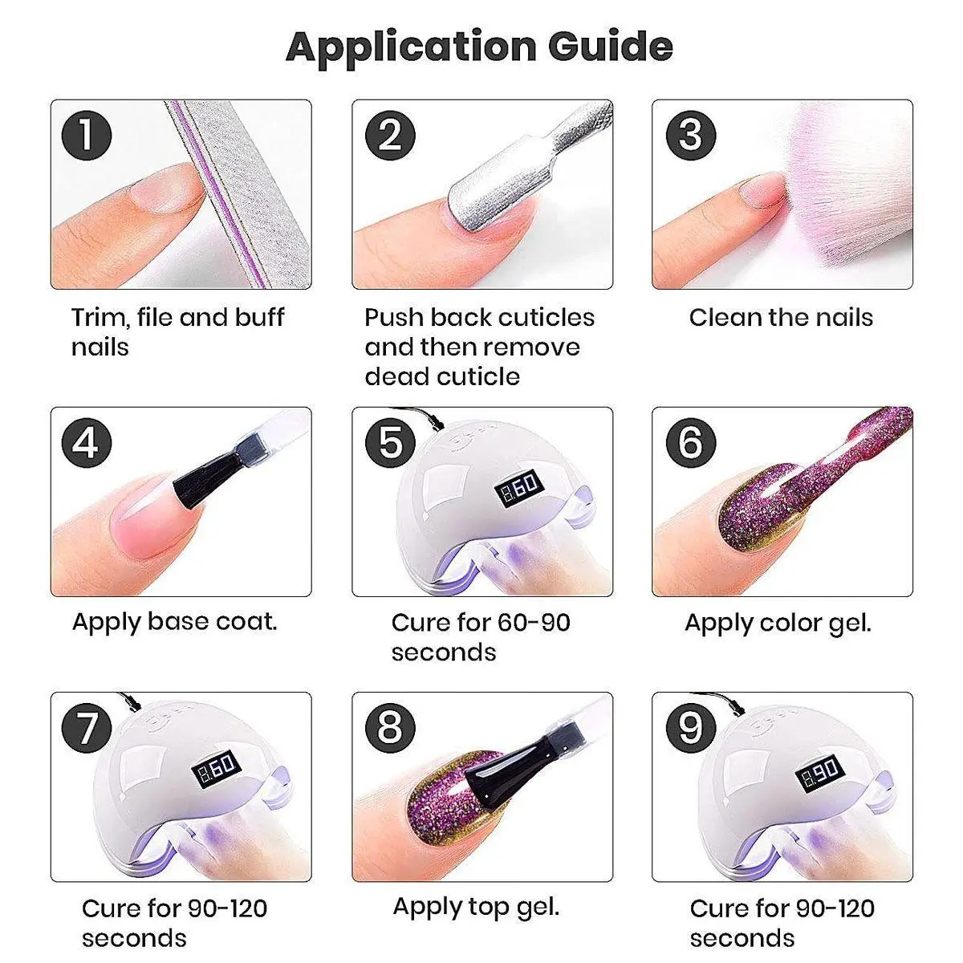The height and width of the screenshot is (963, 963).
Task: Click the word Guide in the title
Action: [610, 46]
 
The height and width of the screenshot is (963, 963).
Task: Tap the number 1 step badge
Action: [87, 136]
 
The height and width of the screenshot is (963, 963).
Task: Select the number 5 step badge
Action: [390, 443]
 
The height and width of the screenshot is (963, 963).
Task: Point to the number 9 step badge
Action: [691, 728]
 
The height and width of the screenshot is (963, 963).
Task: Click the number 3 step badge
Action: [691, 136]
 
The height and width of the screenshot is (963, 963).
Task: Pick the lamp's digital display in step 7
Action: [217, 769]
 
